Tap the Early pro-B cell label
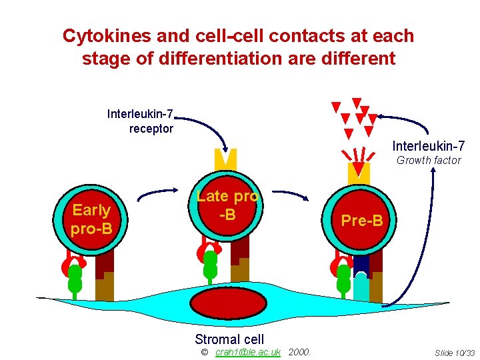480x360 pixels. pos(91,219)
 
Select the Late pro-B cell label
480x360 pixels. pos(227,205)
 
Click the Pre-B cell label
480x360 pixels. pos(362,220)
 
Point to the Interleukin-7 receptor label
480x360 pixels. pos(141,121)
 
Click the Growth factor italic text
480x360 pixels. pos(429,160)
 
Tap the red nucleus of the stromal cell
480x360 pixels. pos(228,303)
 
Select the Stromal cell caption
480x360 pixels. pos(229,339)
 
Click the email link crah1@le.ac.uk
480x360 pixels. pos(248,352)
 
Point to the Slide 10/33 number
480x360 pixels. pos(454,353)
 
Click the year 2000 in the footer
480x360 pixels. pos(300,352)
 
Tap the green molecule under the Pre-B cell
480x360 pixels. pos(344,279)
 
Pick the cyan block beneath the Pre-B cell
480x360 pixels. pos(361,289)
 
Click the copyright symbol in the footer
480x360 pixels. pos(205,352)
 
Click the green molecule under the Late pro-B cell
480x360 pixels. pos(210,264)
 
